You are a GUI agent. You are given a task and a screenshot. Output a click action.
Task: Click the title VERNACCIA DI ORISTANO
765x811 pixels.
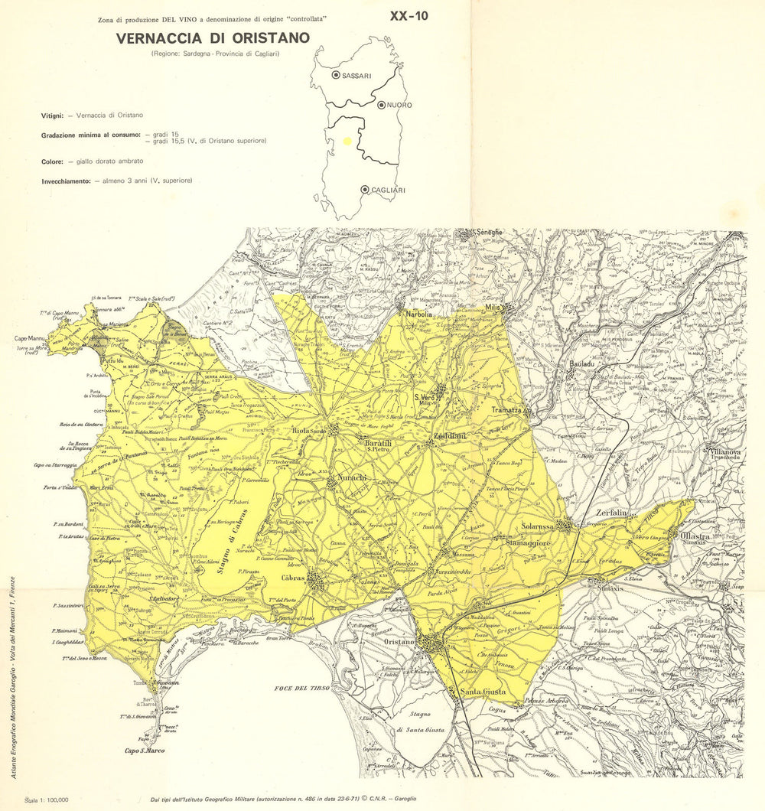pos(213,37)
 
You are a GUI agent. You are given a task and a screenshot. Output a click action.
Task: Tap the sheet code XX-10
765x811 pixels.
pos(409,17)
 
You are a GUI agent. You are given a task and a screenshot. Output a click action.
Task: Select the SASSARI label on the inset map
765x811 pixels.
pos(356,76)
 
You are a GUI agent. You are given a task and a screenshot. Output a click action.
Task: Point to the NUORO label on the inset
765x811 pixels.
pos(399,105)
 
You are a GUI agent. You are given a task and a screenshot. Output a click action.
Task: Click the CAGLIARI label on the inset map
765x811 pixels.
pos(389,190)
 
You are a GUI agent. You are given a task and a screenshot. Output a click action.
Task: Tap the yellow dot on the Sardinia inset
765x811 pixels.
pos(348,141)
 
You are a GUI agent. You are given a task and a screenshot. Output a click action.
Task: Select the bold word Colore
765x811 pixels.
pos(53,161)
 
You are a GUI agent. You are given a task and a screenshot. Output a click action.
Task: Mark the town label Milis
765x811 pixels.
pos(496,308)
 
